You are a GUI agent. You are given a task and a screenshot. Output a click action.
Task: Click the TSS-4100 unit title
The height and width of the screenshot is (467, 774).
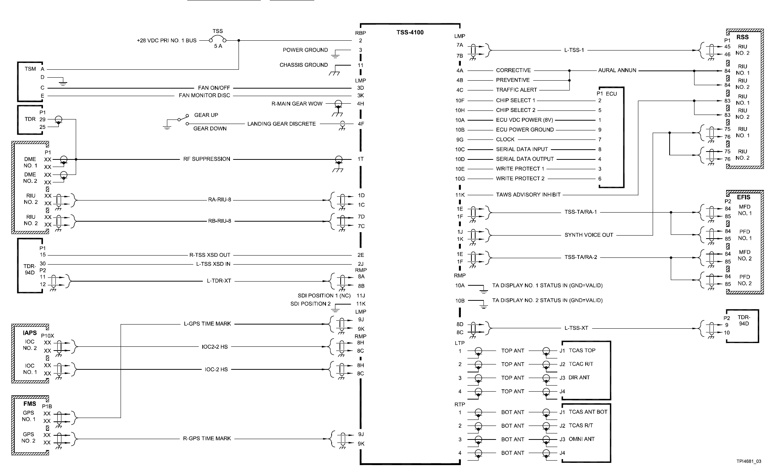[410, 32]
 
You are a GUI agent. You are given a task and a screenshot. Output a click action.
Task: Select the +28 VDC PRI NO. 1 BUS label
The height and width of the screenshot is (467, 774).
[167, 40]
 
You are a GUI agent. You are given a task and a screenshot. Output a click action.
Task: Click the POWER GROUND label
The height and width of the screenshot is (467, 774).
[305, 50]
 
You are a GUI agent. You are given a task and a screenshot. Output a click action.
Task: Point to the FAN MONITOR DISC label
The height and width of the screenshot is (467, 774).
[204, 95]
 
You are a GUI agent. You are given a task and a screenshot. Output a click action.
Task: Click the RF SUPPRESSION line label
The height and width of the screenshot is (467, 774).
[207, 159]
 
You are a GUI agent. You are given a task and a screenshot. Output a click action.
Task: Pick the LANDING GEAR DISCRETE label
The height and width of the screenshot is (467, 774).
[281, 124]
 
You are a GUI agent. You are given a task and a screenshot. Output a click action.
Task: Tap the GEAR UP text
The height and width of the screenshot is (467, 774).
[206, 115]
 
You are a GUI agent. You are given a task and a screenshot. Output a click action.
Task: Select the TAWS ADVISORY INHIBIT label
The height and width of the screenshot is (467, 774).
[528, 194]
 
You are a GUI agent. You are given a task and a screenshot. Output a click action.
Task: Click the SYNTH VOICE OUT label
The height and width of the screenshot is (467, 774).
[589, 235]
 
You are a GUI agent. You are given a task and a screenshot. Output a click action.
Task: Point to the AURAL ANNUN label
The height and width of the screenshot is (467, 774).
[617, 70]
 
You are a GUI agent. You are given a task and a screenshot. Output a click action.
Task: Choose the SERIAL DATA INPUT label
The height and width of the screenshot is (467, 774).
[522, 149]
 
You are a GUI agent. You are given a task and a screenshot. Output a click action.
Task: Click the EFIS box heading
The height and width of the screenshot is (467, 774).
[743, 197]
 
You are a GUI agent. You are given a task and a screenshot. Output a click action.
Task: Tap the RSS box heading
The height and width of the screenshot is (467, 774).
[742, 37]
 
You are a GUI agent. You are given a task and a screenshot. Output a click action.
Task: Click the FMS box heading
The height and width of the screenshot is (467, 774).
[30, 404]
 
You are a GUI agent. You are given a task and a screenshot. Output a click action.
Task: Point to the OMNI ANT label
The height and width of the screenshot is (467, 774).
[581, 439]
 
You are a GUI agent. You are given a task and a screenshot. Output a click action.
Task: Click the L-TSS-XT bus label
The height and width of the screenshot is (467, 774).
[576, 328]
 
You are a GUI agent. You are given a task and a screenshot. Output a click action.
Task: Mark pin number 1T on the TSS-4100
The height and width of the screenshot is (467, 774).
[361, 159]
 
